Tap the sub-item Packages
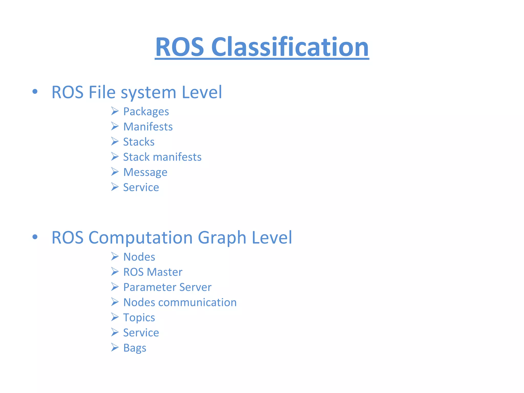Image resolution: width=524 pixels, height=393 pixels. pos(146,112)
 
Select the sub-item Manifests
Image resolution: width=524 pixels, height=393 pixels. pos(148,127)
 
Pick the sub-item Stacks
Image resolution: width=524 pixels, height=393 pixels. pos(139,142)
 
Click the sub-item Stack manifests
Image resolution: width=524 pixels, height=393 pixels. pos(162,157)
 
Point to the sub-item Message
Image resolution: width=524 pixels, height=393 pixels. pos(145,172)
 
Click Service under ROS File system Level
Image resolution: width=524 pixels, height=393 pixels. pos(141,187)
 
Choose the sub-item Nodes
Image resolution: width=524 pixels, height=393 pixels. pos(139,257)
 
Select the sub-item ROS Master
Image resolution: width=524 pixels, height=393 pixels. pos(153,272)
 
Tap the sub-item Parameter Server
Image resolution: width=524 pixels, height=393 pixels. pos(167,287)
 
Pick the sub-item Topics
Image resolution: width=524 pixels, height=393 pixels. pos(139,318)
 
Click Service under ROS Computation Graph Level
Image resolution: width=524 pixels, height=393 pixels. pos(141,333)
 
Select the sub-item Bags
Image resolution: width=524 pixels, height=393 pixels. pos(135,348)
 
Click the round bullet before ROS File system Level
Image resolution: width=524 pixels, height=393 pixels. pos(35,92)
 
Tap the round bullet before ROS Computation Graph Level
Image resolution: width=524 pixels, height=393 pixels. pos(35,237)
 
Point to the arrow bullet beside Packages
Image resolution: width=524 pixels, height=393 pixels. pos(115,111)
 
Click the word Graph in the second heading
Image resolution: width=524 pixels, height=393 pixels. pos(222,237)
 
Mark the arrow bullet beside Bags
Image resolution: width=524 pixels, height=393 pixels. pos(115,347)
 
